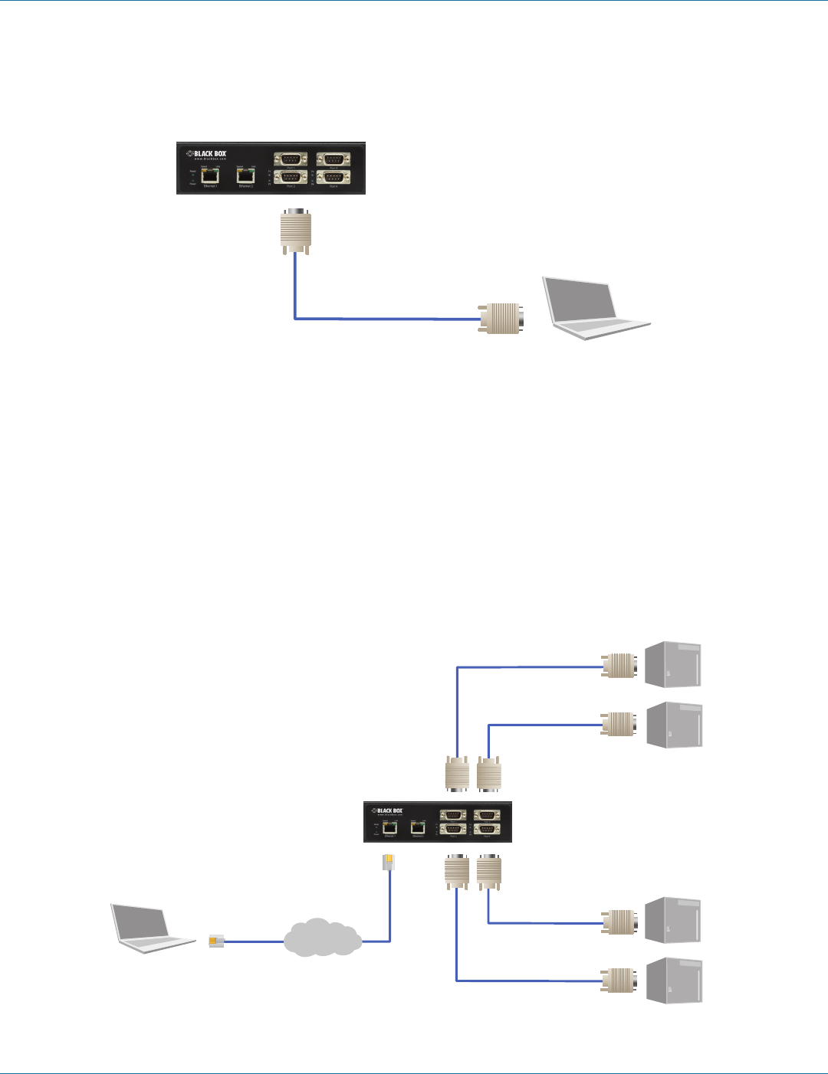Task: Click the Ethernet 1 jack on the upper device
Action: [209, 175]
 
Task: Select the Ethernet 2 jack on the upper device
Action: [245, 175]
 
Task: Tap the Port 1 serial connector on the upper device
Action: [291, 159]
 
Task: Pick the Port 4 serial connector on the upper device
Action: [333, 177]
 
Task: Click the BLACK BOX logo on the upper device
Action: [207, 154]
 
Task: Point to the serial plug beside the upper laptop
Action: [502, 318]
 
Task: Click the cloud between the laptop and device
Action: [323, 938]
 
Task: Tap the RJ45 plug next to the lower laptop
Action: [216, 941]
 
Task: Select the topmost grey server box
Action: [674, 665]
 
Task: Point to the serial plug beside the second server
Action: [618, 725]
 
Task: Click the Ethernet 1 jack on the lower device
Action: [389, 827]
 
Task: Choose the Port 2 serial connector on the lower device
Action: [453, 829]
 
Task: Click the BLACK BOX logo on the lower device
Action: [388, 810]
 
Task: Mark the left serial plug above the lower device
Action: [457, 774]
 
